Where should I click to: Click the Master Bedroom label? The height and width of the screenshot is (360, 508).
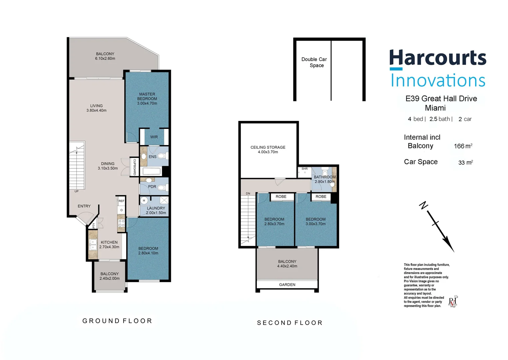147,99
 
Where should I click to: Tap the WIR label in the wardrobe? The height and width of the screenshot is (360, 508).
154,137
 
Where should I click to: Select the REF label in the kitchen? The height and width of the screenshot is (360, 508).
121,201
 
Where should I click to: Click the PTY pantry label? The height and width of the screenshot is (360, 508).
94,226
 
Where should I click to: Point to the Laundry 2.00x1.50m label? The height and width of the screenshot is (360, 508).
156,210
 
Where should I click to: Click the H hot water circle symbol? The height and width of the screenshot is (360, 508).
144,201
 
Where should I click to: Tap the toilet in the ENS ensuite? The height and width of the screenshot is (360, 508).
162,156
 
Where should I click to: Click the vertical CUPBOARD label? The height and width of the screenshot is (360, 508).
135,167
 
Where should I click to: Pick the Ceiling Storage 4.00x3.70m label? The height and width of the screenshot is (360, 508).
268,150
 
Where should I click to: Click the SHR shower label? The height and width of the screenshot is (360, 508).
304,169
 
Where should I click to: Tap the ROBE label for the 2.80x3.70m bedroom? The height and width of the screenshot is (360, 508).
281,197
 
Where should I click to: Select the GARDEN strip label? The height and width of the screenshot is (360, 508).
287,285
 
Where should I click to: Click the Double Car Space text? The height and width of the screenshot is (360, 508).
314,62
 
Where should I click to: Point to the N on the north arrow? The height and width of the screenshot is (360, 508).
423,206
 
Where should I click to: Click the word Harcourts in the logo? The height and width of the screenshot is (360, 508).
438,58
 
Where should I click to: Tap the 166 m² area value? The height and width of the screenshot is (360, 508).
463,146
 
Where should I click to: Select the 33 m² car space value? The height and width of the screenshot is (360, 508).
465,162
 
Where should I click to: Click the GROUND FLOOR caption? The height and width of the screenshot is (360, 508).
117,321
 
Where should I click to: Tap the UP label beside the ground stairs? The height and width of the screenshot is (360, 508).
77,191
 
